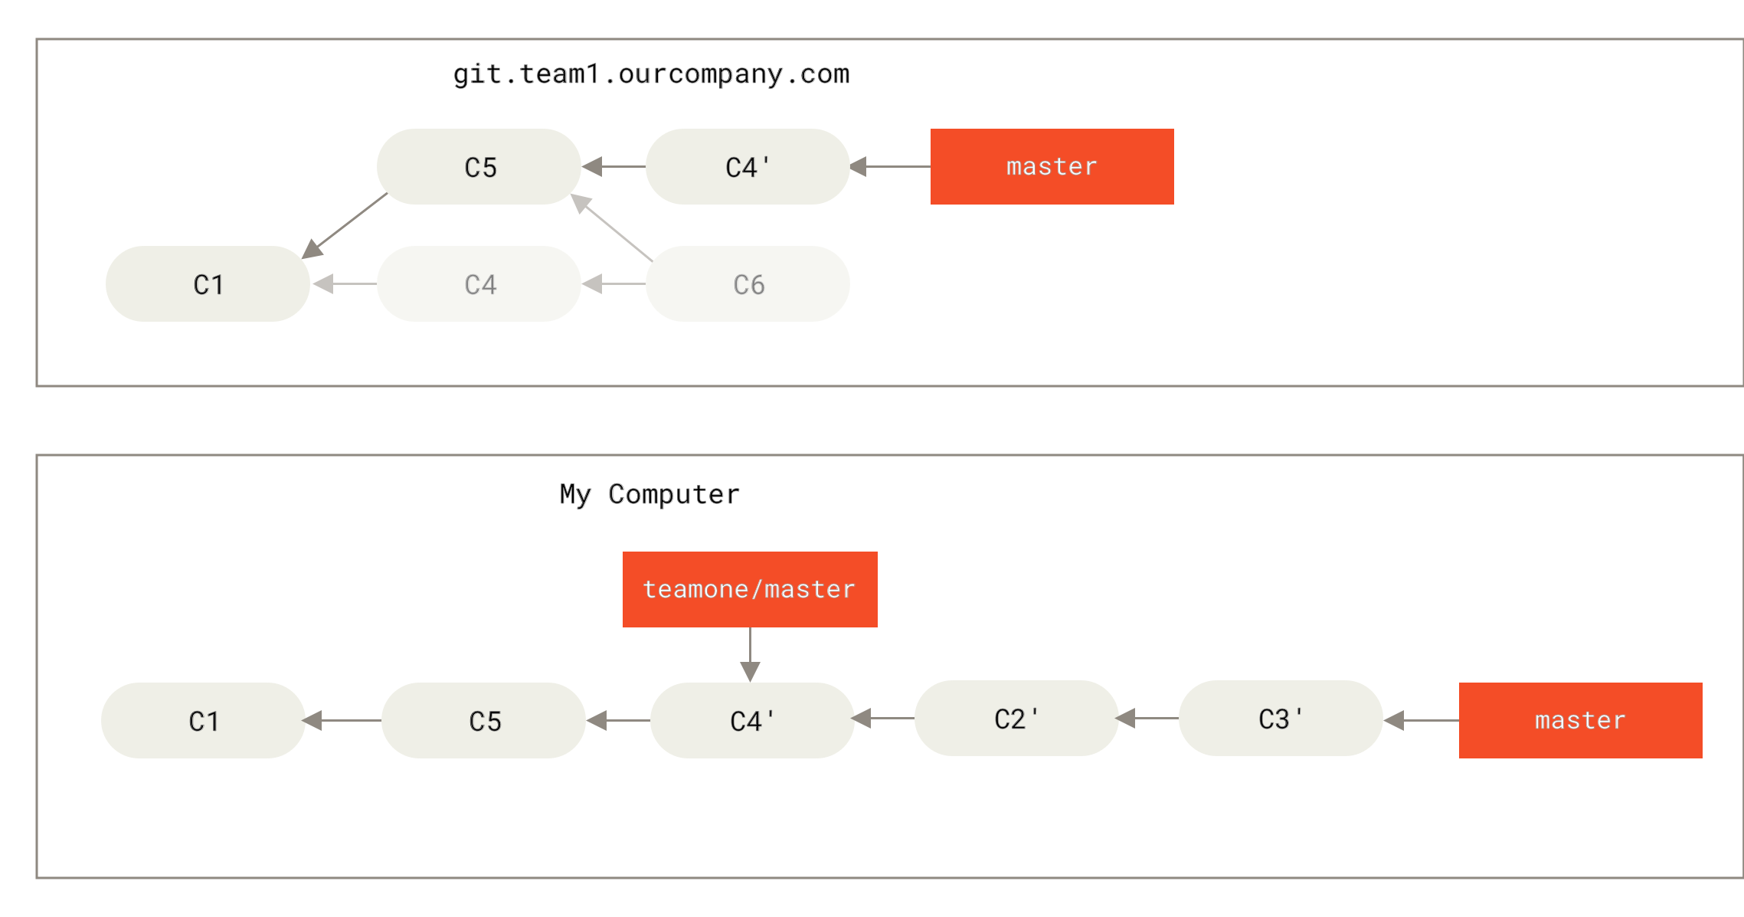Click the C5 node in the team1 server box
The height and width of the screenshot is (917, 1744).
point(479,167)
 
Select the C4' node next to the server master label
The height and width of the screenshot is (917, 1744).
point(748,167)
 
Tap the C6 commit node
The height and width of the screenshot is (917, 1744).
point(748,284)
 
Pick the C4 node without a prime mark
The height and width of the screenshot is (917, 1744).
point(479,284)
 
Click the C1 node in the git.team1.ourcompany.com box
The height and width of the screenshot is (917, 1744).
point(208,284)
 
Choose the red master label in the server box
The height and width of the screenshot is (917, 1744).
point(1052,167)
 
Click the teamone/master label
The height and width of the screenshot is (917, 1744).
point(750,589)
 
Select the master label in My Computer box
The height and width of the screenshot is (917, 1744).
point(1580,720)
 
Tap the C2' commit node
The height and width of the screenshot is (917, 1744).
point(1016,719)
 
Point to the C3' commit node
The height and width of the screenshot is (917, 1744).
point(1281,719)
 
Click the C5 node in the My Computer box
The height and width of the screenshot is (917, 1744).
point(484,721)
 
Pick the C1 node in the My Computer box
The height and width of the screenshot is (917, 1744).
point(203,721)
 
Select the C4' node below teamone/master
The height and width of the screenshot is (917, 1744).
point(752,721)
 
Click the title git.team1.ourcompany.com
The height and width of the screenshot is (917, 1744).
point(652,74)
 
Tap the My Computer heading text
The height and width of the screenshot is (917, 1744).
point(650,494)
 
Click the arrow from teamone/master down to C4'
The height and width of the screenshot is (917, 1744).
point(750,654)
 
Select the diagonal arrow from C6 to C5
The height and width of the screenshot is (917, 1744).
point(613,228)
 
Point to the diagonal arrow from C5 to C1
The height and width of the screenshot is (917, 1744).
point(346,225)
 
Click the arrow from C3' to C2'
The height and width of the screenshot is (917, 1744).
point(1148,719)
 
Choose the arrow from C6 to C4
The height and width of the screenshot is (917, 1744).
point(614,284)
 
